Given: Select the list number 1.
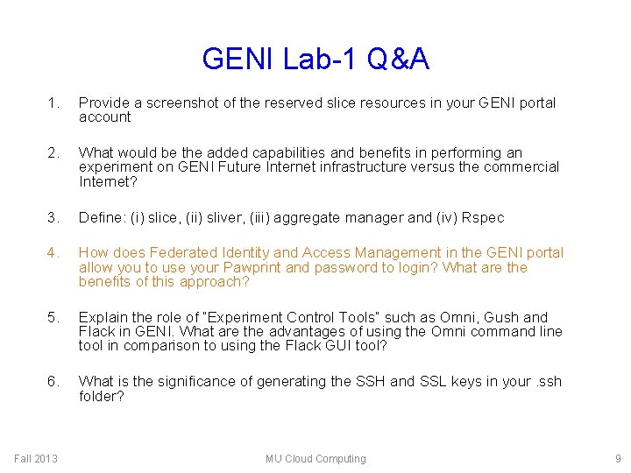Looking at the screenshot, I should coord(53,103).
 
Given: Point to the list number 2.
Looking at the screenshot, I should coord(53,153).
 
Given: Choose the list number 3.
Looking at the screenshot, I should coord(53,217).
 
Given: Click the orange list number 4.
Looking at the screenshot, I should coord(53,253).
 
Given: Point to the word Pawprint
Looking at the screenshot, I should coord(254,267).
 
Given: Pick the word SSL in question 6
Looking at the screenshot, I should coord(432,381).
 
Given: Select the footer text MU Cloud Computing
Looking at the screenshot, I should coord(315,459).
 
